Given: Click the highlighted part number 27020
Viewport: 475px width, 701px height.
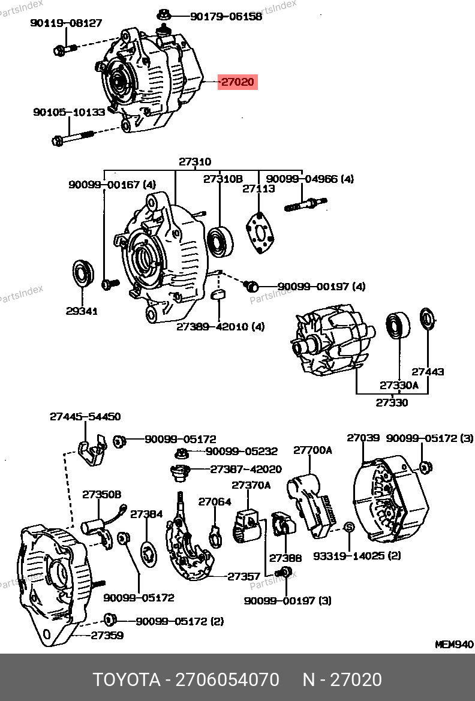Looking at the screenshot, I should point(238,82).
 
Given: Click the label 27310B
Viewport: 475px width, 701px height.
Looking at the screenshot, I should point(223,179).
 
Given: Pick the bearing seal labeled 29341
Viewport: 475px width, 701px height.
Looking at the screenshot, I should point(82,273).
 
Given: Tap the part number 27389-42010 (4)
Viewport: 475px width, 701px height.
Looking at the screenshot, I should point(220,327).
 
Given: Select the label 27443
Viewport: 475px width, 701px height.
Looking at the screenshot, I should point(428,372).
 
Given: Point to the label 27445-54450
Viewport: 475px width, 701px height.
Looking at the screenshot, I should point(85,416).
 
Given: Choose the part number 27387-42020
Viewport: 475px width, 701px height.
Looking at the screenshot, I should point(246,470).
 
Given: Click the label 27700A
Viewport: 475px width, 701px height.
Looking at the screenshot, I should point(312,450).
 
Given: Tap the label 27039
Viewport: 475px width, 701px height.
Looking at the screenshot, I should point(363,438).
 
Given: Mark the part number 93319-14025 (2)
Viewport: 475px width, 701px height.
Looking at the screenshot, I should point(357,556).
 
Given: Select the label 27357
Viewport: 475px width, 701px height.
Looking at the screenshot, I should point(243,577).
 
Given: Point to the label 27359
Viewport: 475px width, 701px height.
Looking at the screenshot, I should point(107,635).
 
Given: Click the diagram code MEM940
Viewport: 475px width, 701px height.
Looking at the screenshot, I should point(454,645).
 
